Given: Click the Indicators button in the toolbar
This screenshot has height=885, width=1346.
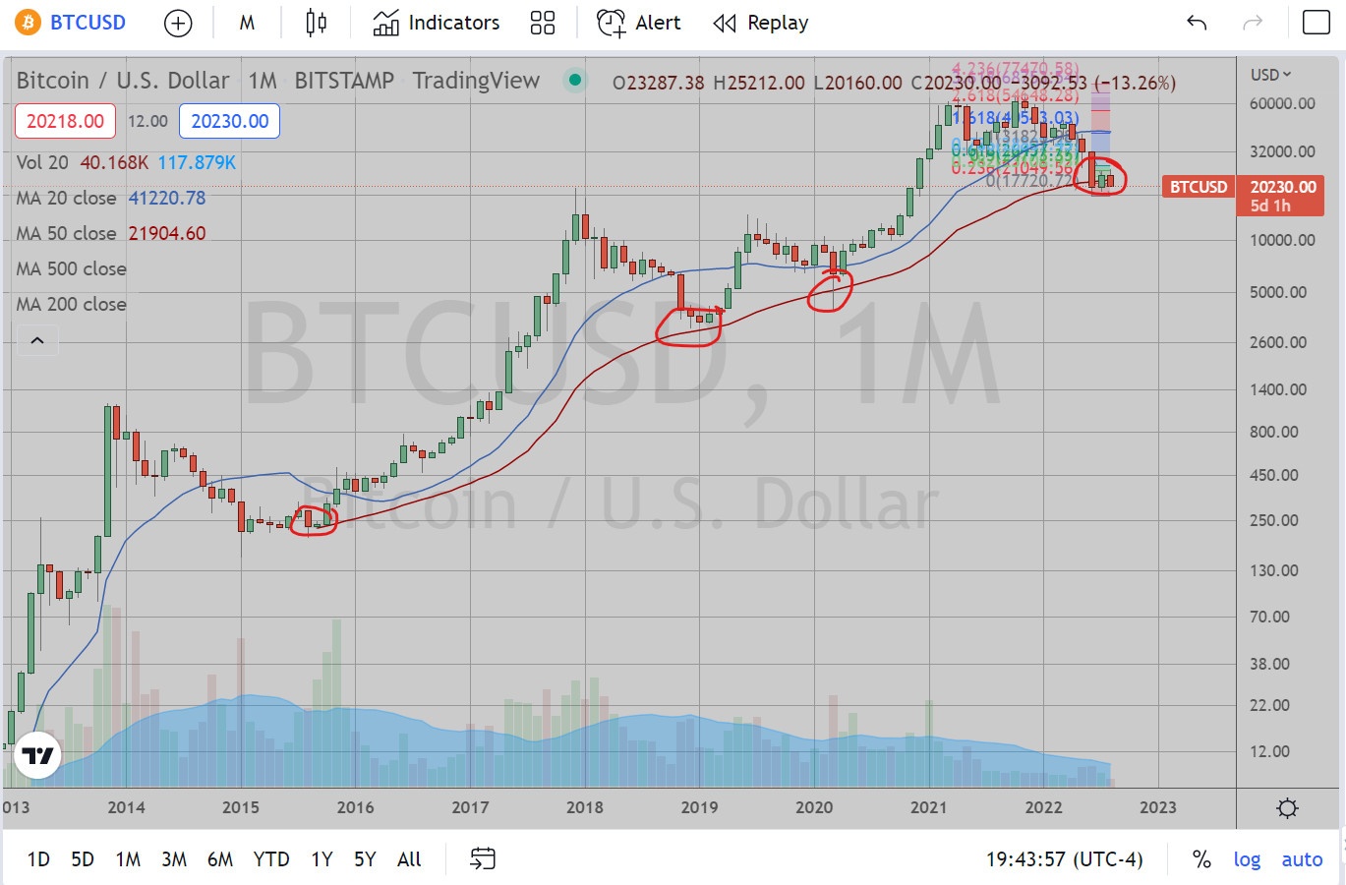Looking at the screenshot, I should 437,23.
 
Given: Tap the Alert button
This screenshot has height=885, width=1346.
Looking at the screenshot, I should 639,23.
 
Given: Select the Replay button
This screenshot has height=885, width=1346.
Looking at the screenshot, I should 761,23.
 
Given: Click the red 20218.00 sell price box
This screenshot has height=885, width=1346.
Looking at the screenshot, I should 65,121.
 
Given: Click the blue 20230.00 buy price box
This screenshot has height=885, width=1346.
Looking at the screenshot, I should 230,121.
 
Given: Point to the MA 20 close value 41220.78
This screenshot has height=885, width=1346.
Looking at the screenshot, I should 167,198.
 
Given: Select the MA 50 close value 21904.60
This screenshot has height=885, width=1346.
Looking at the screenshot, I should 167,233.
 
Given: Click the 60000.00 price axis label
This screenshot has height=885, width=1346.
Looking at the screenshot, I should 1282,103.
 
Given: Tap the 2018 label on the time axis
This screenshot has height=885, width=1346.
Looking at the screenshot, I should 585,807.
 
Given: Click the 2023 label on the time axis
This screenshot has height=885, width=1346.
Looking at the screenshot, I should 1157,807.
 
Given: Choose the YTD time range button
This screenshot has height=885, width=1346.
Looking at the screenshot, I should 271,859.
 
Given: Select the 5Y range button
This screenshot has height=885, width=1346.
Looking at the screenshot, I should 365,859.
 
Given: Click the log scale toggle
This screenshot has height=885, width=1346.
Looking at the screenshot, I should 1247,859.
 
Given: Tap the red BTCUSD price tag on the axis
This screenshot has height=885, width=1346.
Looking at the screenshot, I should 1198,187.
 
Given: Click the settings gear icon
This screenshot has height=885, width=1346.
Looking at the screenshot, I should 1287,808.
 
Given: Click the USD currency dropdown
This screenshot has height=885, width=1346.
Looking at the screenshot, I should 1270,75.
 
